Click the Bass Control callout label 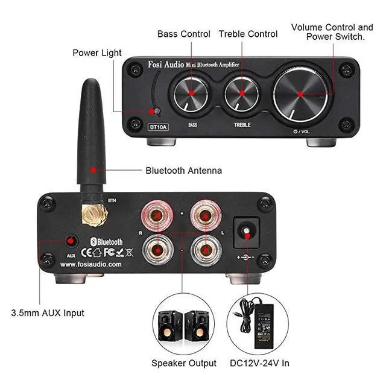[184, 34]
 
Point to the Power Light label [97, 52]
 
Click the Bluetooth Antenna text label [183, 171]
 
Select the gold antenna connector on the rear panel [95, 212]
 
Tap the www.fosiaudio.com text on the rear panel [91, 264]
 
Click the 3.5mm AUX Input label [48, 313]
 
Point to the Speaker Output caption [183, 363]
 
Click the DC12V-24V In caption [261, 363]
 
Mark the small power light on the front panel [156, 112]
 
